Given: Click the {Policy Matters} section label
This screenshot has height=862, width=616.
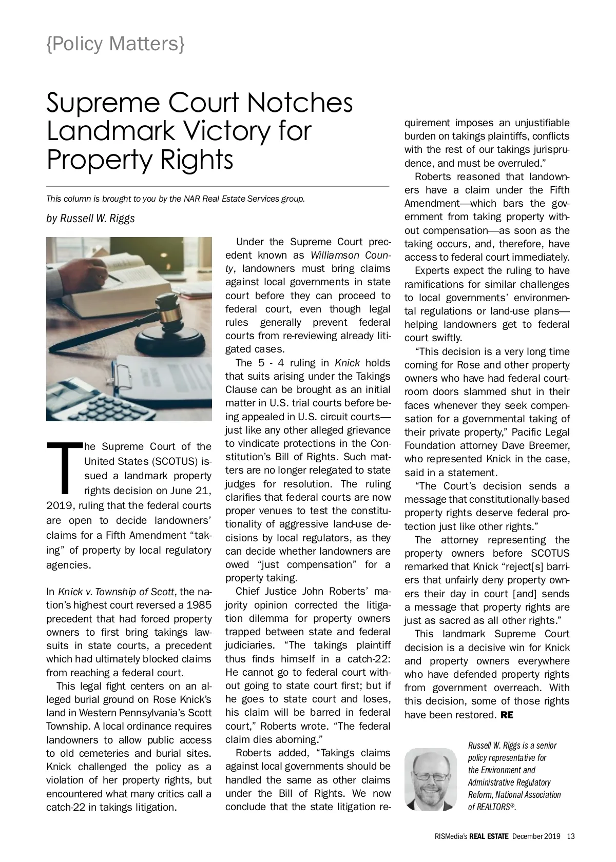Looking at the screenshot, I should [115, 44].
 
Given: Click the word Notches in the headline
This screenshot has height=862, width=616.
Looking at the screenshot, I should [300, 103].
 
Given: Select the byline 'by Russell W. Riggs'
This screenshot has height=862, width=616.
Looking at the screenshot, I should [90, 218].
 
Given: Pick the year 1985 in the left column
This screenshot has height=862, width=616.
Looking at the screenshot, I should [199, 605].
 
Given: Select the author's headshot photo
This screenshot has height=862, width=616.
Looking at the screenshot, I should [430, 779].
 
